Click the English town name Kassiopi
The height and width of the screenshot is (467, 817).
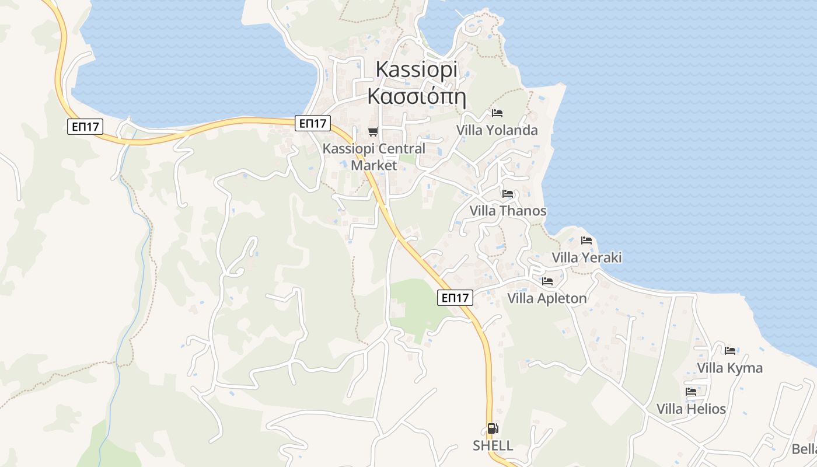416,69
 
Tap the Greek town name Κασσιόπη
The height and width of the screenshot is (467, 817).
416,96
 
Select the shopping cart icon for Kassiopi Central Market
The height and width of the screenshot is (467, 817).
373,131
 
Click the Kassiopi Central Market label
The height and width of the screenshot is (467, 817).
374,156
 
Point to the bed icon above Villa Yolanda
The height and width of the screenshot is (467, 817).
497,113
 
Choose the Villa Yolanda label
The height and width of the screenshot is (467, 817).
497,130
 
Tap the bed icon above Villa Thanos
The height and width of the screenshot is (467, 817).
508,193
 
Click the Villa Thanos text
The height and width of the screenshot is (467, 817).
508,211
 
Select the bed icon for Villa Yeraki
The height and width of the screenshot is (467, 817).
586,240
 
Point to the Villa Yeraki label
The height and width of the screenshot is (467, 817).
586,257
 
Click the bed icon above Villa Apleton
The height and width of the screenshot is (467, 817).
547,281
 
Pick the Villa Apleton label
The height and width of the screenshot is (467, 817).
547,299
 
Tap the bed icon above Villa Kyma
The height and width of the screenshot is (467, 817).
730,350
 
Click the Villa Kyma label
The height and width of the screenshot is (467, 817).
729,368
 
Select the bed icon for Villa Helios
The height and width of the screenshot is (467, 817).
691,391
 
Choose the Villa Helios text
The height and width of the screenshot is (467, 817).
691,409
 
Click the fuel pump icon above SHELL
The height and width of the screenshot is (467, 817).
493,428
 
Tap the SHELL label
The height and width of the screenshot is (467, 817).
493,446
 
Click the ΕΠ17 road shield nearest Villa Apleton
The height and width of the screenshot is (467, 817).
455,298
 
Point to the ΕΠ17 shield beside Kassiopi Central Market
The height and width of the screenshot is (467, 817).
313,123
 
